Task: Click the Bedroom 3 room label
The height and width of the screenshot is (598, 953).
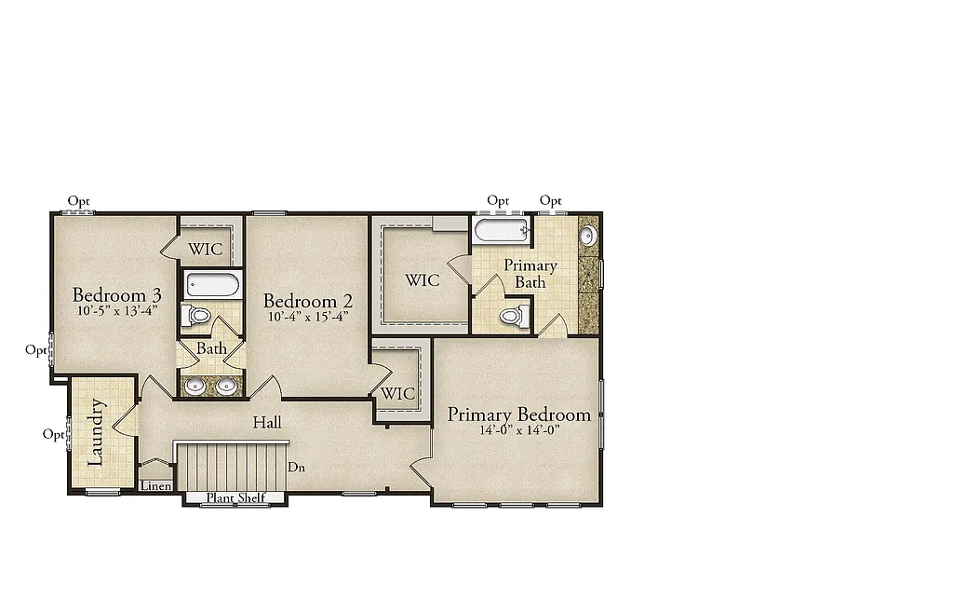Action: (x=116, y=295)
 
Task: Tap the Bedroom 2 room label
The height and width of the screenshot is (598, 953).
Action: (x=307, y=301)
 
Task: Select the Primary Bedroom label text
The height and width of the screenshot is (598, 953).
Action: (x=518, y=415)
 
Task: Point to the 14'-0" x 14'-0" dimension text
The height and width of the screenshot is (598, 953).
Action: (x=518, y=430)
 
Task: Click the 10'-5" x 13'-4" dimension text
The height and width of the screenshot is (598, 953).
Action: (x=116, y=311)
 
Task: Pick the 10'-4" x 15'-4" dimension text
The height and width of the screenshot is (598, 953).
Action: (x=307, y=317)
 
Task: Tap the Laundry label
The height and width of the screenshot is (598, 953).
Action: (x=97, y=433)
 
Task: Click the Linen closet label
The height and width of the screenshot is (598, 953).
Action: (x=155, y=486)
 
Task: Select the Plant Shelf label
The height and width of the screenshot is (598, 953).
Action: (x=235, y=498)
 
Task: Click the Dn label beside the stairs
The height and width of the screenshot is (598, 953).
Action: (x=297, y=468)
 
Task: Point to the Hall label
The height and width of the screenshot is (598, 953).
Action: (x=267, y=423)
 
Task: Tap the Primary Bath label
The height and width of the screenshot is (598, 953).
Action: (x=530, y=274)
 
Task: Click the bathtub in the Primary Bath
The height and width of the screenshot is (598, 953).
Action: (x=501, y=230)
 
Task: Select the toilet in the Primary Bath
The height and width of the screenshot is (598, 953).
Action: (x=512, y=317)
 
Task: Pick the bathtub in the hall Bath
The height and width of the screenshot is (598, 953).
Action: (x=212, y=285)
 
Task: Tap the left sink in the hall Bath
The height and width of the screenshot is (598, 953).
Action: (x=195, y=386)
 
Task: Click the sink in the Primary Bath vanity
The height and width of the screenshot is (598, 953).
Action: (x=588, y=236)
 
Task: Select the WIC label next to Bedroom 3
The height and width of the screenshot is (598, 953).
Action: (x=206, y=250)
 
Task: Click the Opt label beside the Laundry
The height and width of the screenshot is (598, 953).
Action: (x=53, y=435)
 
